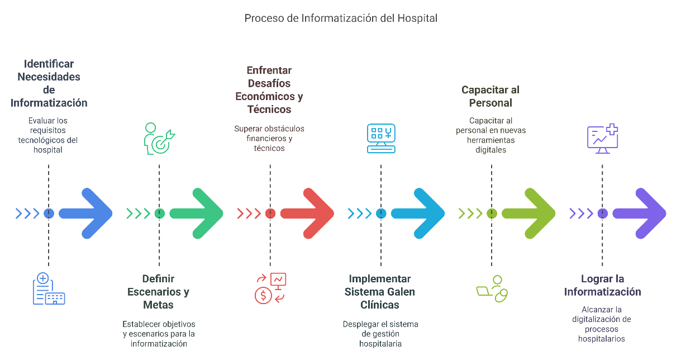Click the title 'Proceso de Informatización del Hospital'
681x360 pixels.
click(x=341, y=18)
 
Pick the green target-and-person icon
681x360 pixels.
click(x=159, y=138)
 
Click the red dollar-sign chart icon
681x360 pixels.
click(x=270, y=288)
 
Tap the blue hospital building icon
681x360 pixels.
click(x=49, y=289)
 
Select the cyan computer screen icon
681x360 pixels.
click(x=381, y=138)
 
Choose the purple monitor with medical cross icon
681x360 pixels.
click(x=602, y=139)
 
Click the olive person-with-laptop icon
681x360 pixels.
click(x=492, y=288)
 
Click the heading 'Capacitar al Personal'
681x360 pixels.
click(x=491, y=96)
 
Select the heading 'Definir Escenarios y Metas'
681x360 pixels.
click(x=159, y=292)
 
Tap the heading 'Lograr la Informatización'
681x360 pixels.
click(x=602, y=285)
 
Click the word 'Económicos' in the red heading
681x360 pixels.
click(x=264, y=96)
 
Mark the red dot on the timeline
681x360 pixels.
click(x=270, y=213)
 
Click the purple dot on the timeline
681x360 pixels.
click(x=602, y=213)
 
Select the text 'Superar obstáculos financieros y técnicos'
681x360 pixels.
click(x=269, y=139)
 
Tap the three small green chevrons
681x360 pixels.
click(x=139, y=213)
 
